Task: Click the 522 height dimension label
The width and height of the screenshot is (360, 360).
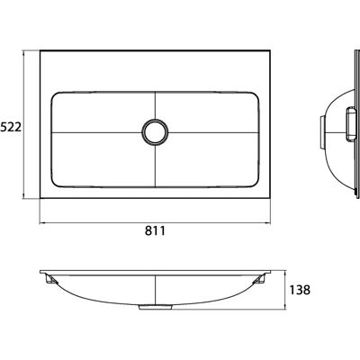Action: coord(11,127)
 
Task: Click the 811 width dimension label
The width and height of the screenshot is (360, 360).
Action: coord(155,231)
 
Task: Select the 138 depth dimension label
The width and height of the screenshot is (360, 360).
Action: coord(300,290)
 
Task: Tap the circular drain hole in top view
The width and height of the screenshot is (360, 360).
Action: coord(155,132)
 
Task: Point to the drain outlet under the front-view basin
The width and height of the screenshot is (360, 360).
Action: coord(155,307)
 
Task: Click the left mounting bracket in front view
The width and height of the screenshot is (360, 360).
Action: coord(51,280)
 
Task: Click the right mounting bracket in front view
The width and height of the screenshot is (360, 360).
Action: coord(258,280)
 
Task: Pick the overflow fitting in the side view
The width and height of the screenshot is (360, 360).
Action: coord(350,124)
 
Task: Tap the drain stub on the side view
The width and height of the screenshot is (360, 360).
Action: coord(321,132)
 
